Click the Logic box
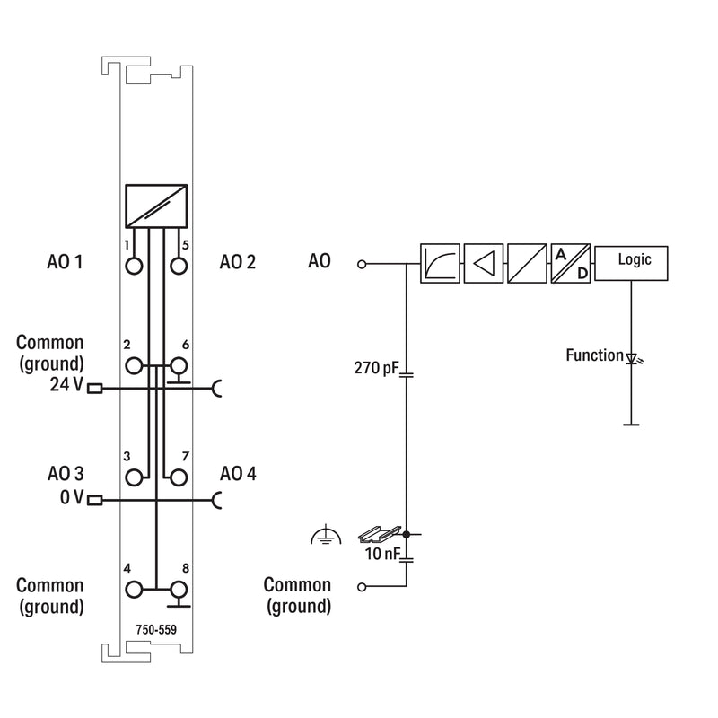631,263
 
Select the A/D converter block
571,263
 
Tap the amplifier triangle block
484,263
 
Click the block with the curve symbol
440,263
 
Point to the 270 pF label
376,368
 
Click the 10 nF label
382,554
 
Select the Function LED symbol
634,358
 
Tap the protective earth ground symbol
326,535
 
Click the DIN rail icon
380,534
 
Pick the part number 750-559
156,630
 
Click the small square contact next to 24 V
95,389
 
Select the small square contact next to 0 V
95,500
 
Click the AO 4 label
238,474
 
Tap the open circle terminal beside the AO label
362,264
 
